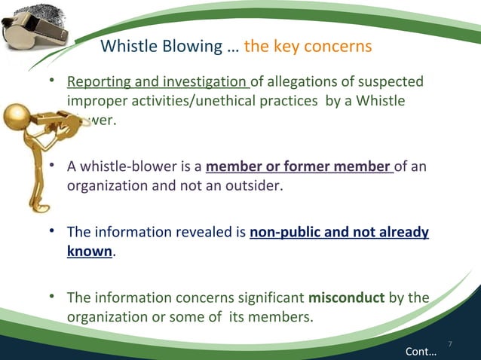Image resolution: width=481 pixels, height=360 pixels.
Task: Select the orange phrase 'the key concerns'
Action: [308, 47]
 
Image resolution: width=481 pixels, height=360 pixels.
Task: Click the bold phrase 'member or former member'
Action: [299, 166]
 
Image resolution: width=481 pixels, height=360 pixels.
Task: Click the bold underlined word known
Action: [90, 251]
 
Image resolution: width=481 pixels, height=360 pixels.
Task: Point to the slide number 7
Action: [450, 344]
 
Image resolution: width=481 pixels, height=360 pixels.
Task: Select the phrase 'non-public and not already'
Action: [339, 232]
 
